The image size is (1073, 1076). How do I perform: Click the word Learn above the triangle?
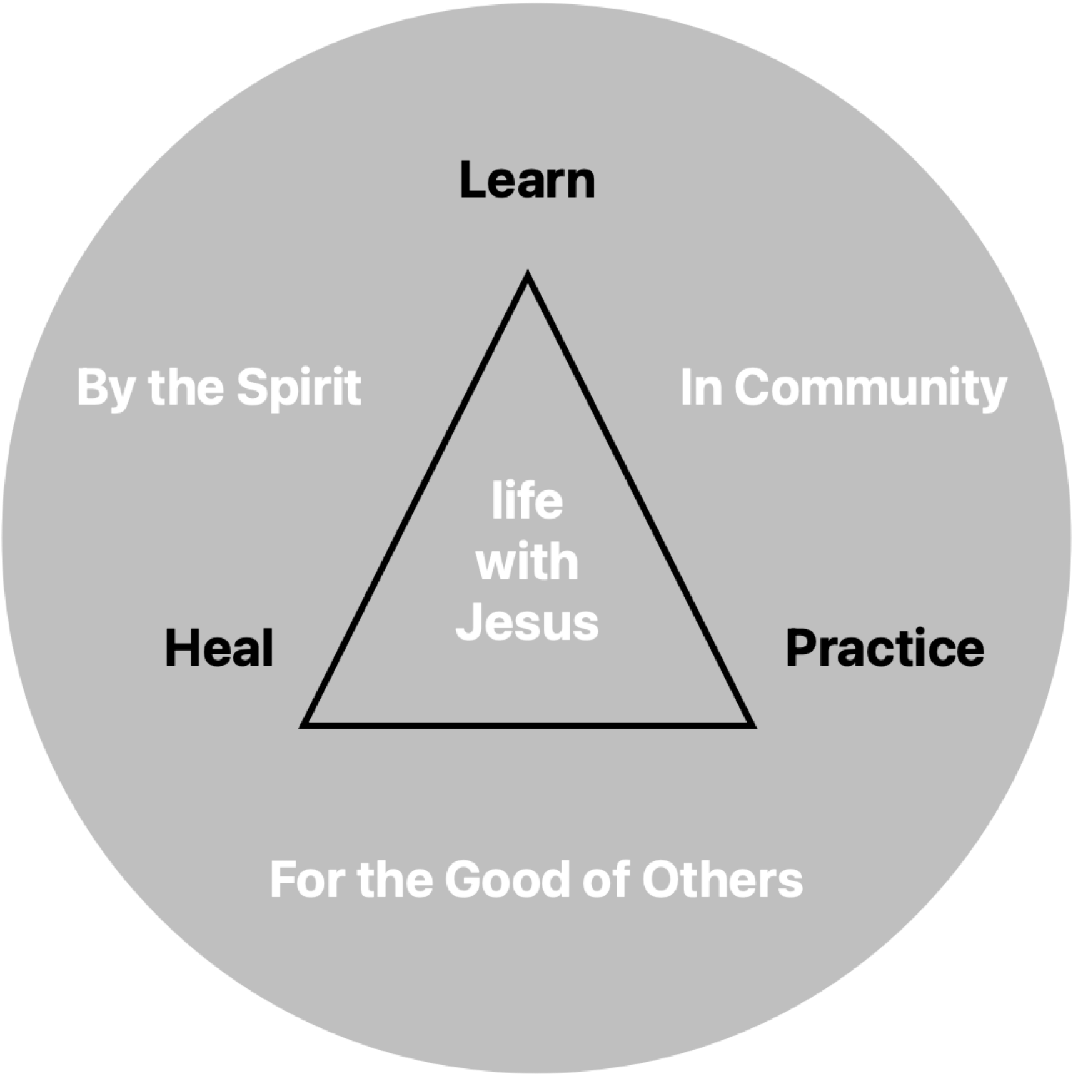pyautogui.click(x=527, y=181)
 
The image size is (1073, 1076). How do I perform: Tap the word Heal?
pyautogui.click(x=219, y=648)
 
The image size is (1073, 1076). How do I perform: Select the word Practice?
pyautogui.click(x=884, y=648)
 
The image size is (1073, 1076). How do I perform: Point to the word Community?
pyautogui.click(x=870, y=388)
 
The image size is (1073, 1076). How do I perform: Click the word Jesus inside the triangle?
pyautogui.click(x=527, y=622)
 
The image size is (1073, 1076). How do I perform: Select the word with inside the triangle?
pyautogui.click(x=527, y=561)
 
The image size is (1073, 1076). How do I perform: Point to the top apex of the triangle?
pyautogui.click(x=528, y=275)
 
